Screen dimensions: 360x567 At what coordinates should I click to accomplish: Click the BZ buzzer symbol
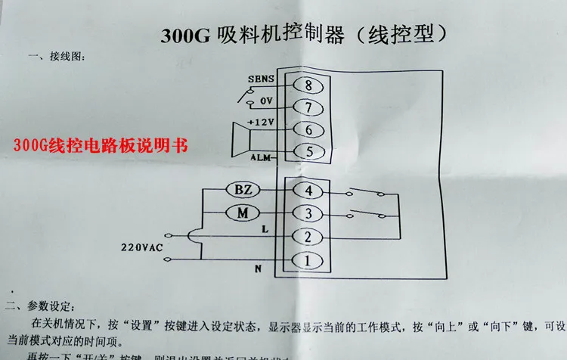coord(243,190)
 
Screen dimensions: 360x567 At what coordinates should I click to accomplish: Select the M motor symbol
coord(243,213)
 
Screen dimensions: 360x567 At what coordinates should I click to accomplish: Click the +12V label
coord(259,122)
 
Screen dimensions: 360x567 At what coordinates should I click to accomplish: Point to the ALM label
coord(261,159)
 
